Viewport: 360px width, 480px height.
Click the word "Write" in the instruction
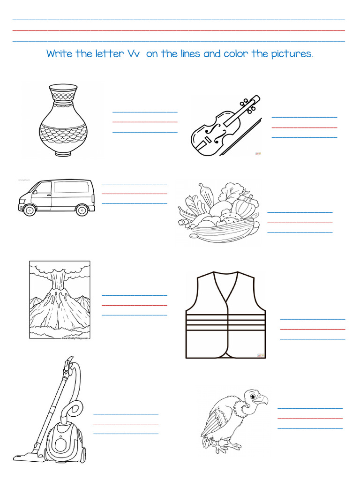point(59,54)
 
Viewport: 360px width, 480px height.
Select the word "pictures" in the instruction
point(291,54)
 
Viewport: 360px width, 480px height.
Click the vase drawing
point(63,120)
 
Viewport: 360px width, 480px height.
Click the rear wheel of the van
point(82,210)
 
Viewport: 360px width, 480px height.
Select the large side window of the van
point(70,187)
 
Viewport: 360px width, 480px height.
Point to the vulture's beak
point(263,400)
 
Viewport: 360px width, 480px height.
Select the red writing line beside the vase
point(145,122)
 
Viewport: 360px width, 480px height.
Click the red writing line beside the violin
point(304,127)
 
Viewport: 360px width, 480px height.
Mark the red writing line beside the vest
point(312,329)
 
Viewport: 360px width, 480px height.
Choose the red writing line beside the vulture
point(310,418)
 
